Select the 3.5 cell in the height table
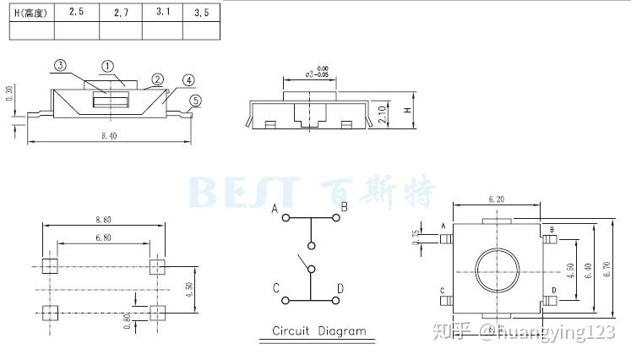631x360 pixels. (201, 13)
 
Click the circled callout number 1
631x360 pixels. (108, 66)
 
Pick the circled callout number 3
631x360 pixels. (61, 65)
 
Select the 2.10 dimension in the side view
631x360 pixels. (383, 114)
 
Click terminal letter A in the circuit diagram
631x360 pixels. (275, 208)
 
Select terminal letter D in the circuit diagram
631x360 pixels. (340, 289)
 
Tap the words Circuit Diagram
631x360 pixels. (319, 330)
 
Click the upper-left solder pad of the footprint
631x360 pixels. (47, 266)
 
